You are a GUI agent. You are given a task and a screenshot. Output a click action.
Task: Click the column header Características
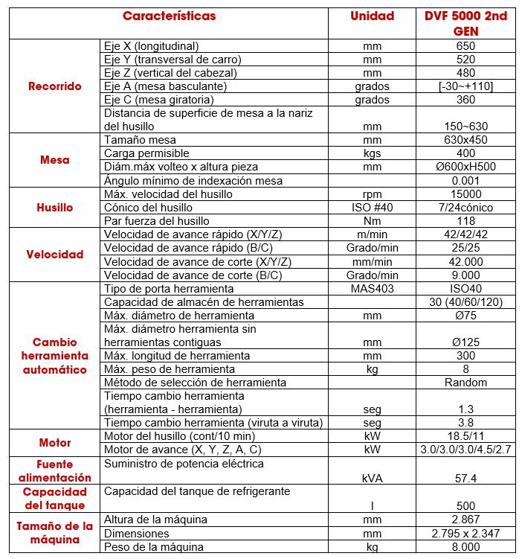click(169, 16)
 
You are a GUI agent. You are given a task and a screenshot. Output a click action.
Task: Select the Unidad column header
click(372, 16)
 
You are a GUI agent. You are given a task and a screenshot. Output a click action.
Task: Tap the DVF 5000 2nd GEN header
click(465, 23)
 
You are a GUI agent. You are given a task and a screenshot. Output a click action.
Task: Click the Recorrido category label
click(54, 86)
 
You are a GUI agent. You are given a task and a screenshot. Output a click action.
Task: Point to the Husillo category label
click(54, 208)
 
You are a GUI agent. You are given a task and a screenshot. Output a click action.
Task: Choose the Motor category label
click(54, 443)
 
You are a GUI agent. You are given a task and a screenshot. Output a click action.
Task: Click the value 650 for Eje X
click(465, 46)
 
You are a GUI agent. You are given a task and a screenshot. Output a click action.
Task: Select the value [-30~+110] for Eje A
click(465, 86)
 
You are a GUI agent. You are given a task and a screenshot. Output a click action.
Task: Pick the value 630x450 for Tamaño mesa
click(465, 140)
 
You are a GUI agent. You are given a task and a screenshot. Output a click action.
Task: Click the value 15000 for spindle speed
click(465, 194)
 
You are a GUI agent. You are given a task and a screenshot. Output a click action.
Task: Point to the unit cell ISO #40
click(372, 208)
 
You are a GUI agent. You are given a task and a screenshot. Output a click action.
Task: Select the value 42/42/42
click(465, 234)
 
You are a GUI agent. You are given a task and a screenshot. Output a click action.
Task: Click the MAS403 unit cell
click(372, 289)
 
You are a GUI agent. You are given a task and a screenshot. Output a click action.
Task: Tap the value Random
click(465, 383)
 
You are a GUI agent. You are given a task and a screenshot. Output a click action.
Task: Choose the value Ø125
click(465, 342)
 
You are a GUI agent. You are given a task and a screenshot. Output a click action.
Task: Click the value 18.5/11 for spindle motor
click(465, 436)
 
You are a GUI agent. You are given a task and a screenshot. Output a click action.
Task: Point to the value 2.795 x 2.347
click(465, 534)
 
